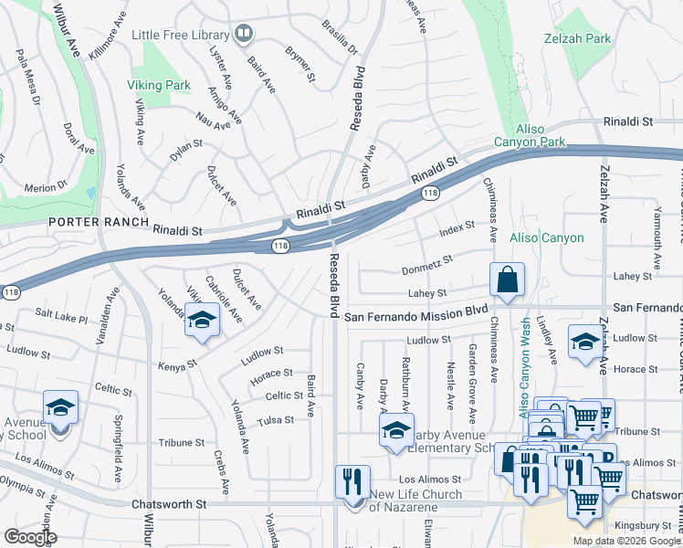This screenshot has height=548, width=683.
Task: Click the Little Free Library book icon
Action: click(x=243, y=35)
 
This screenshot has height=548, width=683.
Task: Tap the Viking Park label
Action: click(x=160, y=86)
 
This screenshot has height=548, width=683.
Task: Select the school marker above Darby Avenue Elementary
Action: click(x=396, y=432)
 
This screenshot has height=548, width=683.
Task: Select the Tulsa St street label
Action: click(x=276, y=420)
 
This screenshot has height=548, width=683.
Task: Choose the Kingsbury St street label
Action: click(x=644, y=526)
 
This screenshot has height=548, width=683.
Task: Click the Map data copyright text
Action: click(x=625, y=541)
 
